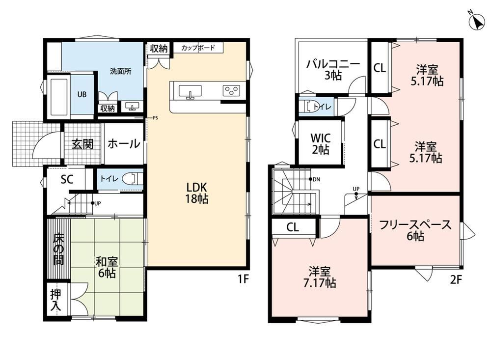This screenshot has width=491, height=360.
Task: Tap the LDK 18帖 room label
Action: tap(197, 193)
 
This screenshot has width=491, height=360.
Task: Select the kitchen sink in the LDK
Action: tap(190, 91)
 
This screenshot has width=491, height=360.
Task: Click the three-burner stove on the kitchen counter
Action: tap(231, 90)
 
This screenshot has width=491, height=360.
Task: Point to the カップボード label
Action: tap(198, 48)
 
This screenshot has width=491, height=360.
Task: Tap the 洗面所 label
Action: tap(121, 71)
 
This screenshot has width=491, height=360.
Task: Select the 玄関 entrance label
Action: tap(82, 144)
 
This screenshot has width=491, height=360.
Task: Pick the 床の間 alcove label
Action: tap(58, 249)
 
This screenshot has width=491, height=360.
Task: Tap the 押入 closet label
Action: tap(56, 300)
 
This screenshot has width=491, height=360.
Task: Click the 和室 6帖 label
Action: tap(107, 267)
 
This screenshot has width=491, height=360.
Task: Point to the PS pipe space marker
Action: tap(155, 118)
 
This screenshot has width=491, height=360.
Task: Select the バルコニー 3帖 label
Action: tap(333, 69)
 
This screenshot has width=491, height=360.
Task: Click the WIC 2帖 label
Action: tap(320, 144)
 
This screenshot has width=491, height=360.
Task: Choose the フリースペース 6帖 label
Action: tap(415, 230)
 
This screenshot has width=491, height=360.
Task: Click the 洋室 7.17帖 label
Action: tap(320, 277)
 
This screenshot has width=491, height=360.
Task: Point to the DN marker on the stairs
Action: tap(315, 179)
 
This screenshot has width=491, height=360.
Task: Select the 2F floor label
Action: tap(456, 279)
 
